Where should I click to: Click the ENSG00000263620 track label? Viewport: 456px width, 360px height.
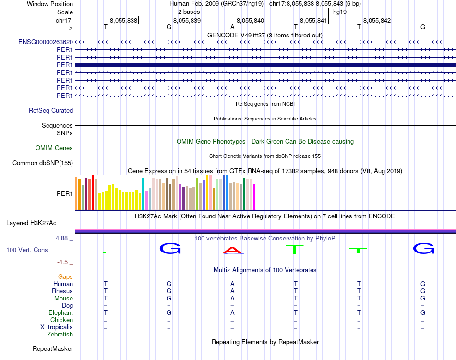(46, 42)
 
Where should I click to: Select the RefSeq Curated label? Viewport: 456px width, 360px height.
(51, 110)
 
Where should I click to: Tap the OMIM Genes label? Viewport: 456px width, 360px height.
(54, 148)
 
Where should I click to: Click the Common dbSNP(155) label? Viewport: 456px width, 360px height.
(43, 163)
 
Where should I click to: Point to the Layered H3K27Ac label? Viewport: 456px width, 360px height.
(31, 223)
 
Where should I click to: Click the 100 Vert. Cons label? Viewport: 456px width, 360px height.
(27, 250)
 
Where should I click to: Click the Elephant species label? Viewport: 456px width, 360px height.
(61, 313)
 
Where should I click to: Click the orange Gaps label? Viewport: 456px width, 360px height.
(65, 277)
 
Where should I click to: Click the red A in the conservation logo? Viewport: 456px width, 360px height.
(232, 250)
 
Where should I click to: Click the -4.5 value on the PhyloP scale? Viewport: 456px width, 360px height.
(64, 262)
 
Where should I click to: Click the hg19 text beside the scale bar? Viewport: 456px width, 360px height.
(339, 12)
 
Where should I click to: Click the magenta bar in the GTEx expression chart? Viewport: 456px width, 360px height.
(254, 197)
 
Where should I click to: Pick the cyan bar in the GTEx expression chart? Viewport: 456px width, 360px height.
(143, 193)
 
